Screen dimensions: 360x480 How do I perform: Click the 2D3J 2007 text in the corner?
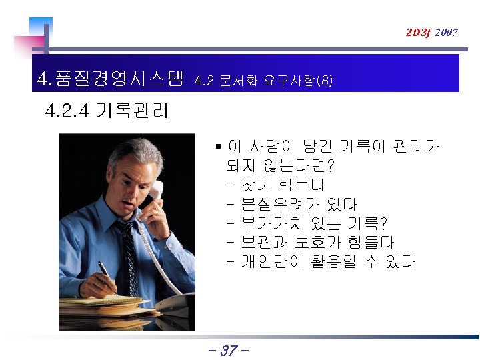pyautogui.click(x=432, y=32)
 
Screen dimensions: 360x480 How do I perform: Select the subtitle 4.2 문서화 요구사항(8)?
pyautogui.click(x=263, y=81)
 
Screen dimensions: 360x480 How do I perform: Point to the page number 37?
pyautogui.click(x=229, y=350)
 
